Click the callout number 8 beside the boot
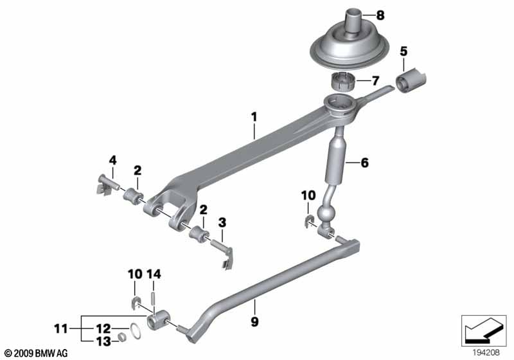click(380, 15)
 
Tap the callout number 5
click(403, 51)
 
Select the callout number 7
click(375, 80)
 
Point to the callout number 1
click(254, 117)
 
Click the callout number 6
click(364, 163)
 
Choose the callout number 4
click(113, 160)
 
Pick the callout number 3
click(222, 222)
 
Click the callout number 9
click(254, 321)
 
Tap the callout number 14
click(154, 274)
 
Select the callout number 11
click(61, 328)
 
